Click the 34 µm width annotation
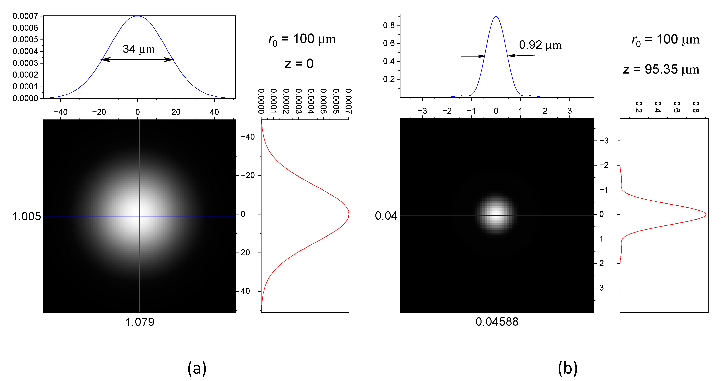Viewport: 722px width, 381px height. pos(139,49)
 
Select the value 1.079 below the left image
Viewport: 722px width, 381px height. pos(140,322)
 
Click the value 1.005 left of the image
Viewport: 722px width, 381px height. pos(26,216)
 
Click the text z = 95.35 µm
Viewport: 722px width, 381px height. pos(661,69)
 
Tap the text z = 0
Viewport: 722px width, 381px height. pos(299,64)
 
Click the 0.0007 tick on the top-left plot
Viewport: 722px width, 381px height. pos(25,16)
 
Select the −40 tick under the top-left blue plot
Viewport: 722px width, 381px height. pos(60,112)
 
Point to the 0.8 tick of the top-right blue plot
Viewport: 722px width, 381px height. pos(389,25)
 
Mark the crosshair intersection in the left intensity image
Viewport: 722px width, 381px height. pos(140,216)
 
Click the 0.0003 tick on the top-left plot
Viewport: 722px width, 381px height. pos(25,63)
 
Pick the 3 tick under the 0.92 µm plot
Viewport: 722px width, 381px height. pos(569,111)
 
